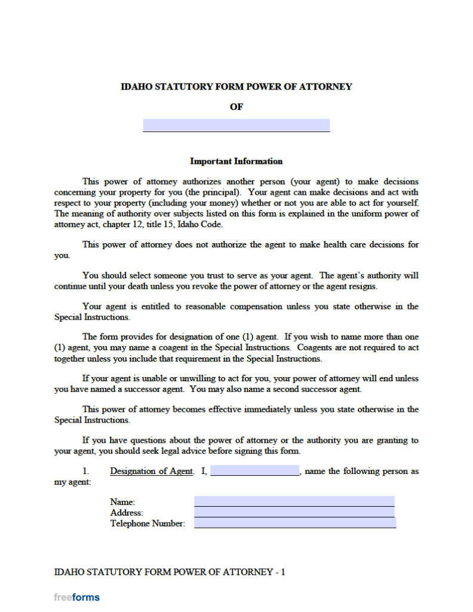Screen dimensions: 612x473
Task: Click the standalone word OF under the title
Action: [236, 107]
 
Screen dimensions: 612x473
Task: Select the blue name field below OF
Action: [236, 125]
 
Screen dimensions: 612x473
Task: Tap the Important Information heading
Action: [236, 161]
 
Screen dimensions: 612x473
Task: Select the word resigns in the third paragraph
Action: [361, 286]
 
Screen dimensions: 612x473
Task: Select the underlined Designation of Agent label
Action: [152, 472]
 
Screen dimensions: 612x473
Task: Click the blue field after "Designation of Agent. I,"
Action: [254, 471]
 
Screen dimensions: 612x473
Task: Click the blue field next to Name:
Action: [294, 501]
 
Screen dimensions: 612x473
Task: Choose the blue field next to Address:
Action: [294, 512]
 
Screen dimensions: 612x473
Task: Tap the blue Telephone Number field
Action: [295, 524]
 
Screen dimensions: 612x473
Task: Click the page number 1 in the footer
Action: [283, 572]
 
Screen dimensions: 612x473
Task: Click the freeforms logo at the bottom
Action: [77, 597]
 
